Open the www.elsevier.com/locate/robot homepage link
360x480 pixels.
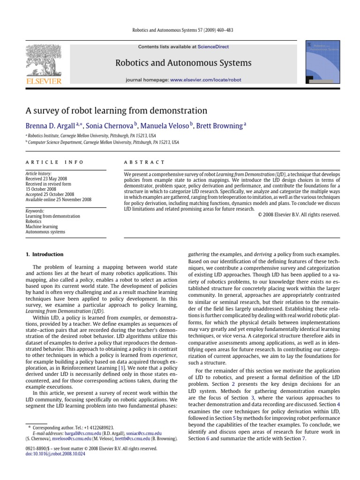click(x=206, y=80)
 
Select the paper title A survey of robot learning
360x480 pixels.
click(x=116, y=111)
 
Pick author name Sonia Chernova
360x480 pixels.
click(x=112, y=126)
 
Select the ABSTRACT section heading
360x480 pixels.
click(x=139, y=162)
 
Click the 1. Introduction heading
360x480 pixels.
click(x=45, y=255)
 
